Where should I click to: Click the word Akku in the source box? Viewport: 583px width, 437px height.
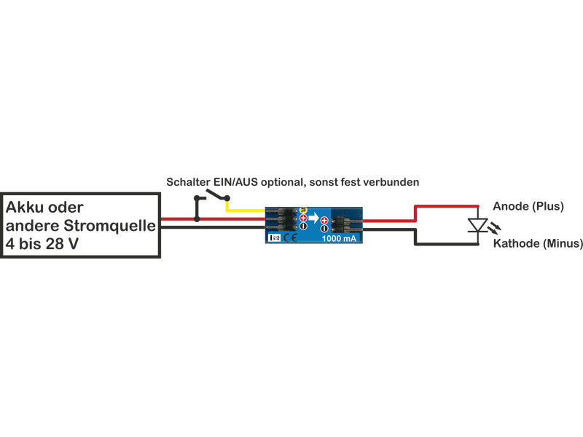coord(29,208)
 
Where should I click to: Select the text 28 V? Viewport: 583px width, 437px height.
coord(61,243)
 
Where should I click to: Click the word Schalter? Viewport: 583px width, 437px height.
coord(187,181)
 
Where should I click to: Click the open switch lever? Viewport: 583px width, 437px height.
coord(216,194)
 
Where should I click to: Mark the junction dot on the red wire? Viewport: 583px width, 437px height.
coord(196,219)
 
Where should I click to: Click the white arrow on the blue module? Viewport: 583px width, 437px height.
coord(314,218)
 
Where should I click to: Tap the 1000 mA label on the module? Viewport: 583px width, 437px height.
coord(340,237)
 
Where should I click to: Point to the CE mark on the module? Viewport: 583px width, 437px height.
coord(289,237)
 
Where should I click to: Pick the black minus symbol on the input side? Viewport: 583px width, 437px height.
coord(303,227)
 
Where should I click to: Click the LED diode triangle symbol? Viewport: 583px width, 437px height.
coord(478,225)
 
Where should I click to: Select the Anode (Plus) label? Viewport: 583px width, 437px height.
coord(528,207)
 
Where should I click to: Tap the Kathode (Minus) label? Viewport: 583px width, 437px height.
coord(538,244)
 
